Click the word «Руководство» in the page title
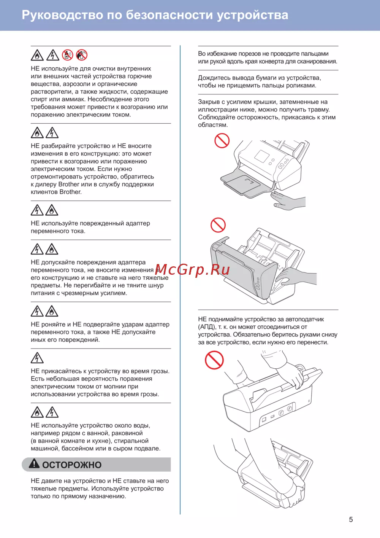[62, 15]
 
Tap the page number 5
[351, 519]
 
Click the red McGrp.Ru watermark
[192, 270]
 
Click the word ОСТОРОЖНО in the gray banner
[72, 465]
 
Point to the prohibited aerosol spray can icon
[82, 55]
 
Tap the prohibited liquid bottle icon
[67, 55]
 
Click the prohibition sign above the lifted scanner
[214, 360]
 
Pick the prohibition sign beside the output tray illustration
[222, 140]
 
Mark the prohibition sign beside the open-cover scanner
[218, 225]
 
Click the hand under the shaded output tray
[288, 200]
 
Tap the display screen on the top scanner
[262, 156]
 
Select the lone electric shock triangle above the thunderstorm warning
[37, 358]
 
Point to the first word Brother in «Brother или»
[69, 184]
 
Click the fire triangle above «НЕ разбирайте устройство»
[37, 132]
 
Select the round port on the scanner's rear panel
[290, 409]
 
